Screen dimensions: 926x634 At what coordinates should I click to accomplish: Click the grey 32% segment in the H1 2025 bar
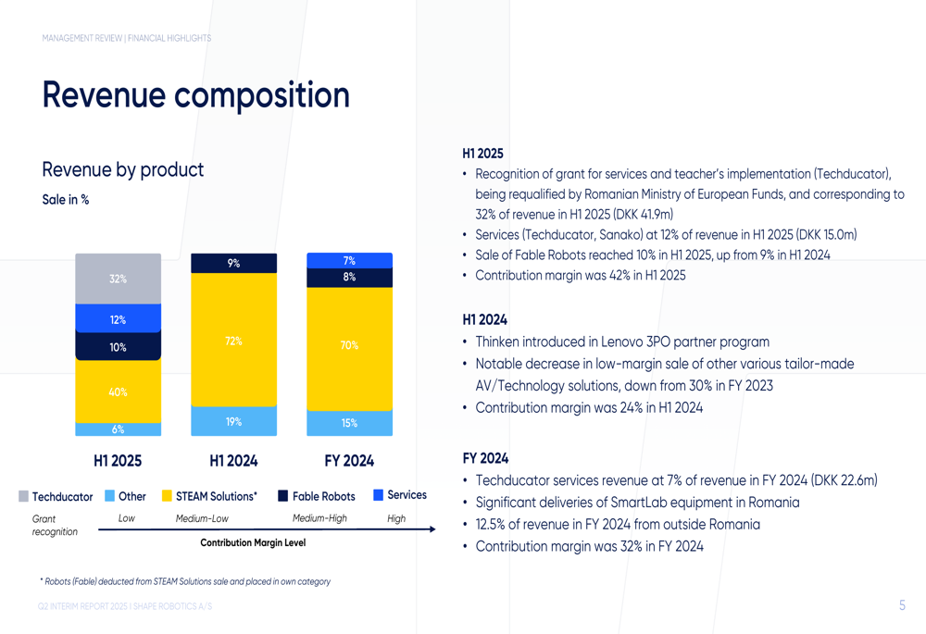click(119, 279)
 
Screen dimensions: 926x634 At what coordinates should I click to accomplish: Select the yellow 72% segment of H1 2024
click(234, 340)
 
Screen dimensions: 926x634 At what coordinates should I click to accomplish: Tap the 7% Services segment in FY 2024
click(350, 260)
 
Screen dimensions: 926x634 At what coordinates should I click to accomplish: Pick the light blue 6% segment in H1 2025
click(119, 429)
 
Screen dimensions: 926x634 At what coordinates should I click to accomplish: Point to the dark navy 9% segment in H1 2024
click(234, 263)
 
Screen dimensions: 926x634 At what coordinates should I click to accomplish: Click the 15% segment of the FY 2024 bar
click(350, 423)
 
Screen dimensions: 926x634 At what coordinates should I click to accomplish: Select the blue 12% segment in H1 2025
click(119, 318)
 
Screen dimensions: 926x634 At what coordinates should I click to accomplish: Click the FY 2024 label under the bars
click(349, 460)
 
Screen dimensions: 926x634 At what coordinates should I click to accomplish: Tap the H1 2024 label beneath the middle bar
click(234, 460)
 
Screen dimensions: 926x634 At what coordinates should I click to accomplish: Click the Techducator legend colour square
click(24, 496)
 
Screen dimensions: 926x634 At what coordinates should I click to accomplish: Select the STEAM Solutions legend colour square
click(167, 496)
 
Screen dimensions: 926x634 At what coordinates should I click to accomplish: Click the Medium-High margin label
click(319, 518)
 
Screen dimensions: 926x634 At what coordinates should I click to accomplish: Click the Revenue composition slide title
click(196, 94)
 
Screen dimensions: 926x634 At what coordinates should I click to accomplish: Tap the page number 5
click(902, 605)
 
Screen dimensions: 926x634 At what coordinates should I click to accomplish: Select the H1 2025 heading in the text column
click(482, 154)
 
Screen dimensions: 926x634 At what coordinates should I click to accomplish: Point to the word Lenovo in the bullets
click(622, 342)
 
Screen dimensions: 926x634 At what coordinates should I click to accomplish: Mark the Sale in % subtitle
click(66, 200)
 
